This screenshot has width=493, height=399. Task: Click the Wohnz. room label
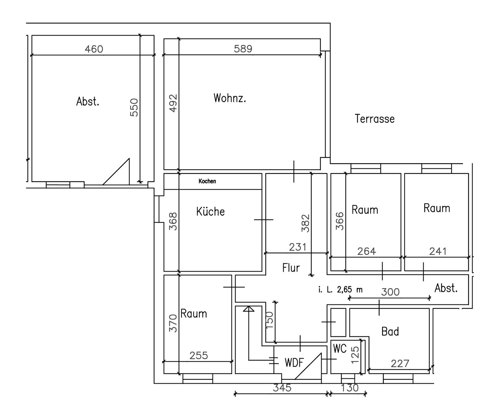[x=230, y=98]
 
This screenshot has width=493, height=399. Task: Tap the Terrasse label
[x=375, y=119]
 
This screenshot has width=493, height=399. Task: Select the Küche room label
[x=210, y=211]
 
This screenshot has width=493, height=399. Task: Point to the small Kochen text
[x=207, y=181]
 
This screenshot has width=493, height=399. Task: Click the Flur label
[x=291, y=268]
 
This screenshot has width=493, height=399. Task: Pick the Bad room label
[x=390, y=331]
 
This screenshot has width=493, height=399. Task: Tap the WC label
[x=340, y=349]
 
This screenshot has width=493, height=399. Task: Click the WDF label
[x=294, y=362]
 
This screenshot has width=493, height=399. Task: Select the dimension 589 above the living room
[x=243, y=49]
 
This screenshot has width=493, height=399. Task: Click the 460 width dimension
[x=94, y=49]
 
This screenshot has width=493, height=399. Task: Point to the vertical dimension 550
[x=134, y=107]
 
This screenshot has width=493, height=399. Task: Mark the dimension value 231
[x=298, y=247]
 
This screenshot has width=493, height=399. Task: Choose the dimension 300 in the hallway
[x=390, y=292]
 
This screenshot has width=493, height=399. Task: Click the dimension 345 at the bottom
[x=282, y=388]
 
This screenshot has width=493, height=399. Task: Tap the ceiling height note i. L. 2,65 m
[x=340, y=290]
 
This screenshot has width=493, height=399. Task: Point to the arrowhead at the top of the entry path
[x=249, y=309]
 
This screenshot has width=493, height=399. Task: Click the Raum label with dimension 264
[x=365, y=210]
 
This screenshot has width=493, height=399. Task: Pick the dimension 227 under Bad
[x=400, y=363]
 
